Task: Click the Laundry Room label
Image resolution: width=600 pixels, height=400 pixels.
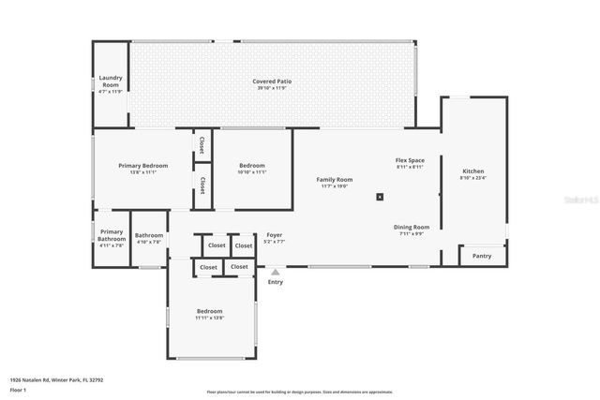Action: (x=111, y=81)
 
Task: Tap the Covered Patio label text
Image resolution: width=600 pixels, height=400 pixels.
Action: (x=272, y=81)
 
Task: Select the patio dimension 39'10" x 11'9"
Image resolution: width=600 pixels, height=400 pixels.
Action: (x=272, y=89)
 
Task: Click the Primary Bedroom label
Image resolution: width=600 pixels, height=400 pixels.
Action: (x=142, y=165)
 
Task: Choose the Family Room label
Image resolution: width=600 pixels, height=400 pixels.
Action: (x=334, y=179)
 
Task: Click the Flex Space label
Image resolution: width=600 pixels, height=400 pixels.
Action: (x=410, y=160)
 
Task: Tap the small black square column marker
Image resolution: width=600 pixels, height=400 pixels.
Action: (x=380, y=197)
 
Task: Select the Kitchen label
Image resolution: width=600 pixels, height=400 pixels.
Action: (x=473, y=171)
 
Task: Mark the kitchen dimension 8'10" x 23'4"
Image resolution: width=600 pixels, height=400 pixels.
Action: (x=473, y=179)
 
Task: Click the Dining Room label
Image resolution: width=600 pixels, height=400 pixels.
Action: (x=411, y=227)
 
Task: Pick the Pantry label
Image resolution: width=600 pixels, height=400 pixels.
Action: (x=482, y=256)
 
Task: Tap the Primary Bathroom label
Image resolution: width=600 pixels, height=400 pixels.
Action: (x=112, y=235)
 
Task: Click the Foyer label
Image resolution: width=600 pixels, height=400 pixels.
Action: (x=275, y=234)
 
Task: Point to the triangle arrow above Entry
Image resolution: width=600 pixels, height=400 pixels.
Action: (x=275, y=273)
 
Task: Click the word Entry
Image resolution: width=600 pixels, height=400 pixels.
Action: (x=275, y=282)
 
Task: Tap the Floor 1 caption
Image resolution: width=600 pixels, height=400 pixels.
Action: (x=18, y=391)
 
